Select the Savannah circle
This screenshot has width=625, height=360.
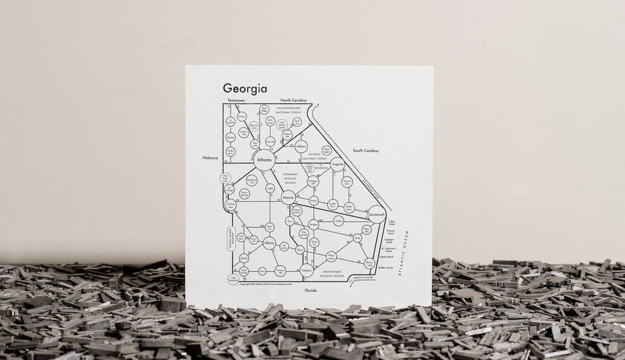click(x=376, y=214)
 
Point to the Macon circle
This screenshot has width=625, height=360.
click(x=288, y=198)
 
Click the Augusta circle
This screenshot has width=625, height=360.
click(x=337, y=165)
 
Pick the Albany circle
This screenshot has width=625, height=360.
click(x=269, y=242)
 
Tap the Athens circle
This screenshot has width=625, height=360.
click(x=302, y=147)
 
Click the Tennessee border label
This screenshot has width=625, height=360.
click(x=236, y=100)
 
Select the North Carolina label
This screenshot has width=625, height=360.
click(x=293, y=100)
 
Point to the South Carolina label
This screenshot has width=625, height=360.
click(x=366, y=151)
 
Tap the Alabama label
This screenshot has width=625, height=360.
click(x=210, y=158)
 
